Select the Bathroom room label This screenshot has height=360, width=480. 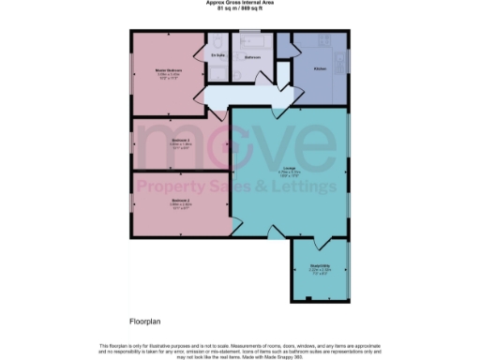(x=252, y=56)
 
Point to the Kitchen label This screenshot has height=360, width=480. (x=319, y=68)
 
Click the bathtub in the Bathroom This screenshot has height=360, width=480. (x=251, y=41)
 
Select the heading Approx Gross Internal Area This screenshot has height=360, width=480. (x=239, y=3)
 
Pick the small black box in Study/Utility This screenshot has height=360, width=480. (x=308, y=299)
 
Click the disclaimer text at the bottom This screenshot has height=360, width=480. (x=240, y=349)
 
